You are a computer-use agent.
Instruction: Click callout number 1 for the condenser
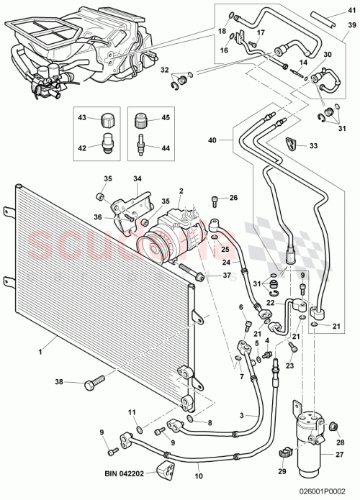(x=41, y=351)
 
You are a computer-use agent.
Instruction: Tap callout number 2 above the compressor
(x=181, y=191)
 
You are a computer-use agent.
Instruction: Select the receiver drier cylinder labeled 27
(x=311, y=424)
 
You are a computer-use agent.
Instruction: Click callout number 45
(x=165, y=118)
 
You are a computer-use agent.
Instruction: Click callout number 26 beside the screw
(x=233, y=197)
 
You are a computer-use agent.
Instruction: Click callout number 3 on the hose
(x=243, y=416)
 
